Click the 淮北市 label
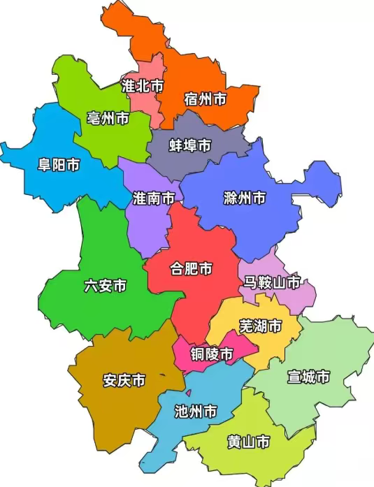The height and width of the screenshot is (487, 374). [143, 85]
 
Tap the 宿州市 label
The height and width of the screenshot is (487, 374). [206, 99]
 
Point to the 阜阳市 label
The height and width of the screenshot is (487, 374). [58, 166]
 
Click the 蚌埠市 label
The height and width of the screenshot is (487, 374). [190, 145]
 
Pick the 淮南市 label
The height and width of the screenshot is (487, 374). [154, 198]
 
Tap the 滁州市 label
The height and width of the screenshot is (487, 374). [245, 198]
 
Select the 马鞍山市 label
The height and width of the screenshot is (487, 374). [272, 282]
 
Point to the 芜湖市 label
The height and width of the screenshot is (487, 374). [260, 326]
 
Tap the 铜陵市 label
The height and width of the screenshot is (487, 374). [213, 354]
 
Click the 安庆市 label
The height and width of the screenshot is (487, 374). [124, 381]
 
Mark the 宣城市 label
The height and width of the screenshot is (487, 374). [308, 377]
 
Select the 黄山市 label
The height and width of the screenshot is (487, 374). [248, 442]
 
